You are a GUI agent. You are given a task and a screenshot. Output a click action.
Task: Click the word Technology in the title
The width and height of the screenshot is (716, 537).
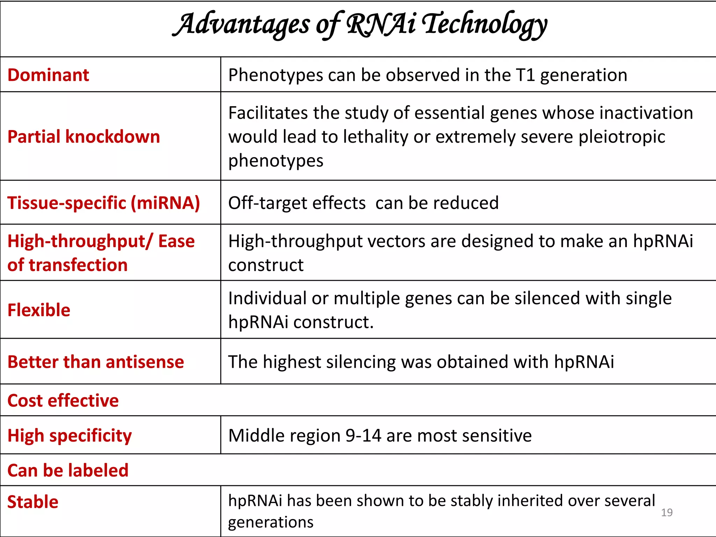[x=484, y=24]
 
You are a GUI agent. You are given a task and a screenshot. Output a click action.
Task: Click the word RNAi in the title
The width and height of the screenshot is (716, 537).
[x=381, y=24]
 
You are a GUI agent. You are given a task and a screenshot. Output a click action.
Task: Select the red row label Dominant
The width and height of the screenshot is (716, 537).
[x=48, y=75]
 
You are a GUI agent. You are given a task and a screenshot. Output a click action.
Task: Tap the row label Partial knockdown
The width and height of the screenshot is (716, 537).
[x=84, y=137]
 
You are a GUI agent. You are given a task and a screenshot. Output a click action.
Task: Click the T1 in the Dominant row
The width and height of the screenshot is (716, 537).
[x=525, y=75]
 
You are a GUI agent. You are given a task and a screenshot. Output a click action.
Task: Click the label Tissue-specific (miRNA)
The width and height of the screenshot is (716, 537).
[x=103, y=203]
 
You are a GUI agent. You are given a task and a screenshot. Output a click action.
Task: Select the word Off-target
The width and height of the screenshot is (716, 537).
[x=296, y=203]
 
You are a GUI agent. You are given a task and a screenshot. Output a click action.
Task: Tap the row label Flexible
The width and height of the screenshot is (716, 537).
[x=39, y=310]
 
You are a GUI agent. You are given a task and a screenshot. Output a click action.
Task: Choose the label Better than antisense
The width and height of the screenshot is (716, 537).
[x=95, y=362]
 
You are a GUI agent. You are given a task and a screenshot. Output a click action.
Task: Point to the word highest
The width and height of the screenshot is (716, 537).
[x=292, y=362]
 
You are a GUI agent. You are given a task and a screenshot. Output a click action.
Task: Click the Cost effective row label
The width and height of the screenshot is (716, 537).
[x=63, y=401]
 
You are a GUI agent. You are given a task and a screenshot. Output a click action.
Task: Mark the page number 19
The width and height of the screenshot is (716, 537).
[x=667, y=513]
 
